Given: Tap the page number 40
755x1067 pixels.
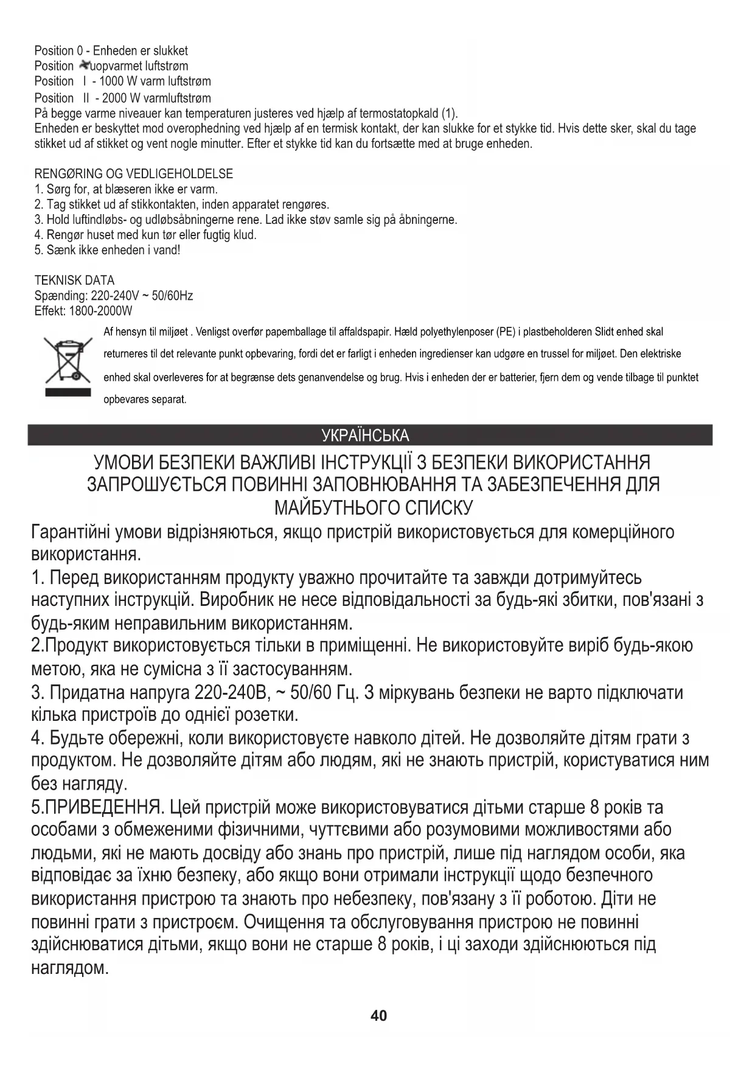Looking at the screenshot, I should click(x=378, y=1015).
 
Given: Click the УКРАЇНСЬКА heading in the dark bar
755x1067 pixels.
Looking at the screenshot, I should click(x=365, y=436).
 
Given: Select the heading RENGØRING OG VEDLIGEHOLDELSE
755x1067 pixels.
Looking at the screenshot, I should click(x=133, y=174).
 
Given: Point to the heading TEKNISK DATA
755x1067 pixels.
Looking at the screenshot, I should click(x=74, y=280).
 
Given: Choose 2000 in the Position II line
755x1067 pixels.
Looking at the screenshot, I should click(x=114, y=98).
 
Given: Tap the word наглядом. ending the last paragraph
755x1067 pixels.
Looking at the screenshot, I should click(x=69, y=968).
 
